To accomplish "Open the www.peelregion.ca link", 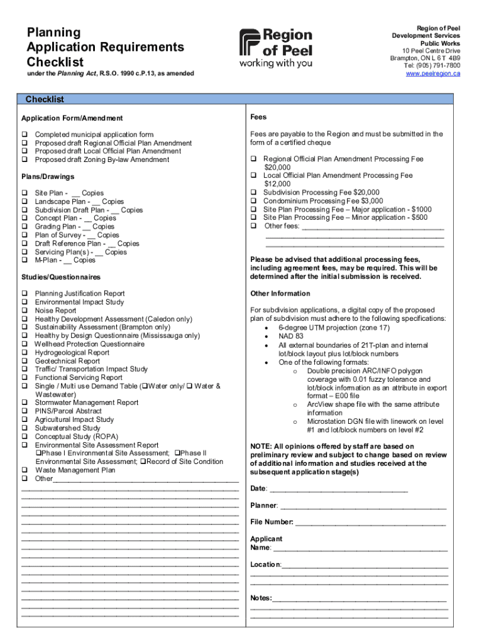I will pyautogui.click(x=432, y=73).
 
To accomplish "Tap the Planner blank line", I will pyautogui.click(x=363, y=506).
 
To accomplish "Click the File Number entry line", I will pyautogui.click(x=370, y=522).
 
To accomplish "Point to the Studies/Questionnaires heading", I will pyautogui.click(x=61, y=277).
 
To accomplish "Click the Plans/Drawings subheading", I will pyautogui.click(x=48, y=176).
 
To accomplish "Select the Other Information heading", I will pyautogui.click(x=280, y=293).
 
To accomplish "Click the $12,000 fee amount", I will pyautogui.click(x=277, y=184).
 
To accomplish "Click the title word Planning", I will pyautogui.click(x=53, y=32).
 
